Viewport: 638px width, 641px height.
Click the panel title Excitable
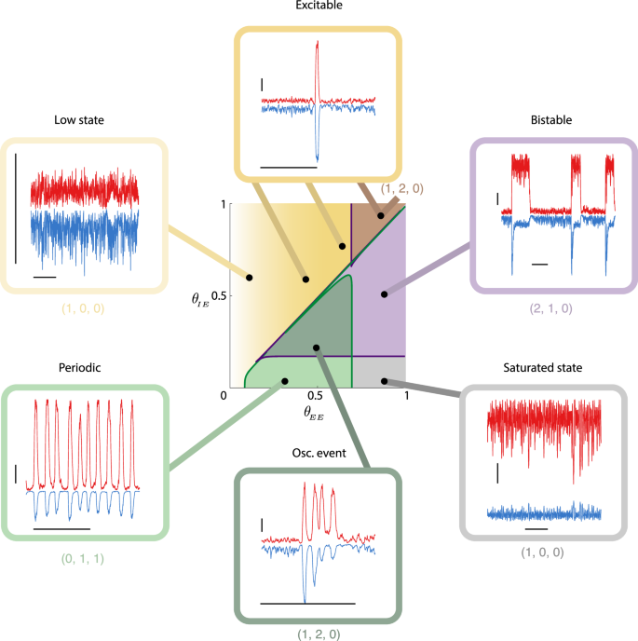(x=319, y=7)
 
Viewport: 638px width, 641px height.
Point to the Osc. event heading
(x=319, y=453)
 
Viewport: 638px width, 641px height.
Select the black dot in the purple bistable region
(x=383, y=293)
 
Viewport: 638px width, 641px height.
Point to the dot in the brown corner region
(x=381, y=216)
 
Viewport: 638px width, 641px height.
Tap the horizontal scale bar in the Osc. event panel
(x=307, y=604)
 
